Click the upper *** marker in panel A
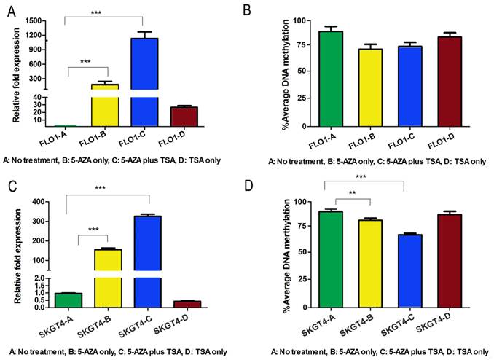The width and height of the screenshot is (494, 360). (106, 12)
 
